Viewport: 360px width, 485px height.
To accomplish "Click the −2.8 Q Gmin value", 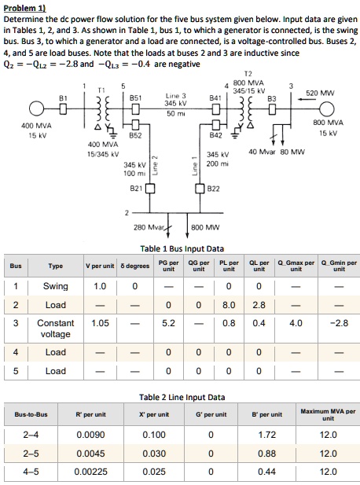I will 335,323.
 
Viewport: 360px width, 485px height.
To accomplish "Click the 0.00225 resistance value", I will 92,471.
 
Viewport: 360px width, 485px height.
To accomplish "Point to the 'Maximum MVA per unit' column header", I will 328,414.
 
